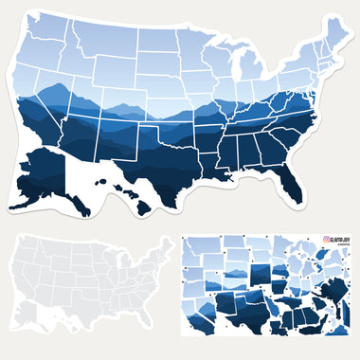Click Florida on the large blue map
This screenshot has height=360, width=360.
(x=289, y=175)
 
